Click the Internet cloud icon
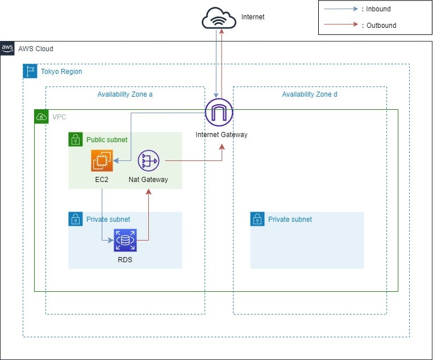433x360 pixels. tap(219, 18)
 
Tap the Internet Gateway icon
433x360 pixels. tap(219, 112)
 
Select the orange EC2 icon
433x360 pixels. tap(102, 161)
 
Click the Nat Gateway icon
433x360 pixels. tap(149, 161)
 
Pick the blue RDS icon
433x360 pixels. tap(125, 240)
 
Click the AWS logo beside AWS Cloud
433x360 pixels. tap(8, 49)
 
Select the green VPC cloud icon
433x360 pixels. tap(41, 117)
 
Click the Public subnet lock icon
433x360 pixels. tap(76, 139)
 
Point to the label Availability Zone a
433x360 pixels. tap(125, 94)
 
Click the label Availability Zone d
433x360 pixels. tap(310, 94)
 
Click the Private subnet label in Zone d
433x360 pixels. tap(290, 219)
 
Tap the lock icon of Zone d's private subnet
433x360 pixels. tap(257, 219)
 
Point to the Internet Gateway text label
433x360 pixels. tap(222, 135)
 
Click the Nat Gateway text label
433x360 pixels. tap(148, 180)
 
